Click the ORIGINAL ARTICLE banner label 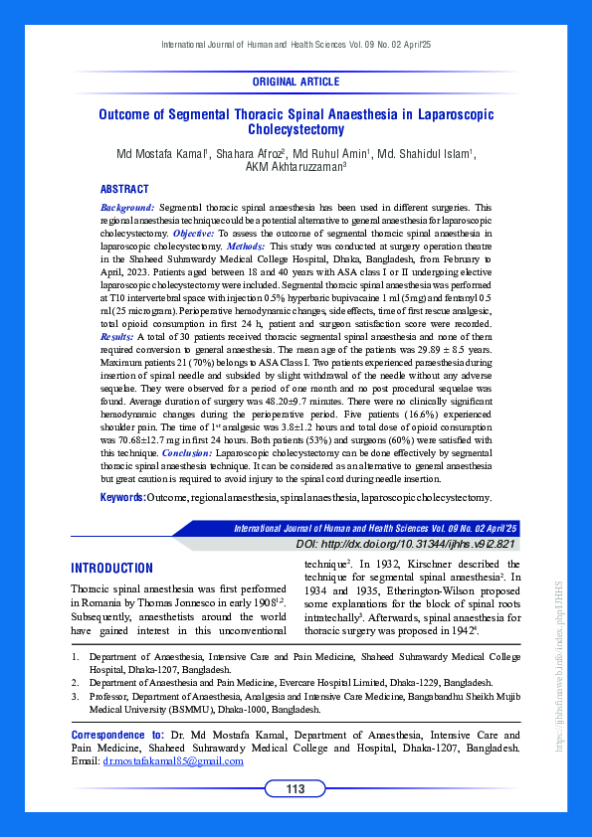[x=296, y=82]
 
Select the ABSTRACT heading [x=124, y=189]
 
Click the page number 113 [x=296, y=789]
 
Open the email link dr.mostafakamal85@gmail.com [x=173, y=761]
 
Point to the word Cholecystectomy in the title [x=296, y=129]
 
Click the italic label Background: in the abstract [x=127, y=206]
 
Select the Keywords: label [x=122, y=496]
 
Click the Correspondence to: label [x=119, y=735]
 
